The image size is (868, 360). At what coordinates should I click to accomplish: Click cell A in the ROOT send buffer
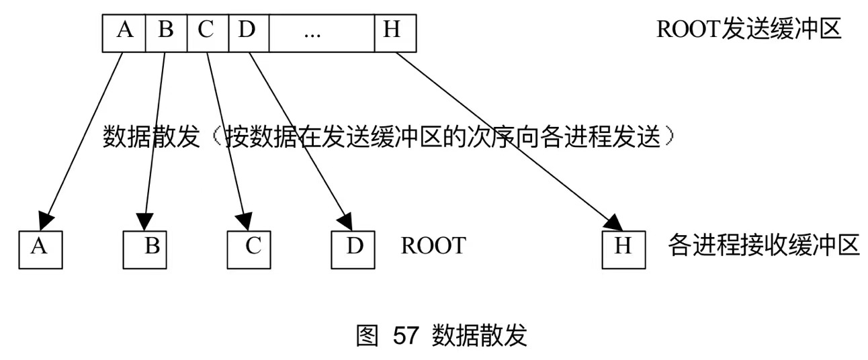click(x=124, y=32)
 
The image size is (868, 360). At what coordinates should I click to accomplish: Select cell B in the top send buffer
click(x=165, y=32)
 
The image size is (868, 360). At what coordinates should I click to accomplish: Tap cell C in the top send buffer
click(x=208, y=32)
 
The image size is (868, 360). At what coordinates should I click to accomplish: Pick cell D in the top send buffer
click(x=249, y=32)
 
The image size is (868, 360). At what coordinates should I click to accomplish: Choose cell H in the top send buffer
click(x=395, y=32)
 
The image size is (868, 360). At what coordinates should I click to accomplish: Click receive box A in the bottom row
click(x=40, y=249)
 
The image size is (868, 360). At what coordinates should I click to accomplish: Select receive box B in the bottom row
click(x=145, y=249)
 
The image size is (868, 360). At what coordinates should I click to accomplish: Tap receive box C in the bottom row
click(x=249, y=249)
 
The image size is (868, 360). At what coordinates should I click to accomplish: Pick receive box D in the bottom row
click(x=353, y=249)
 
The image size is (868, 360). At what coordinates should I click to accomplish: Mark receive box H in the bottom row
click(x=624, y=249)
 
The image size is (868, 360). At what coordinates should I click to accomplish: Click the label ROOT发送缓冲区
click(x=749, y=30)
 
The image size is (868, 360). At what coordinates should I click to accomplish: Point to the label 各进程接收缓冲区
click(x=764, y=246)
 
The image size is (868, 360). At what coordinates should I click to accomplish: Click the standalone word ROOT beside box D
click(x=433, y=246)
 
